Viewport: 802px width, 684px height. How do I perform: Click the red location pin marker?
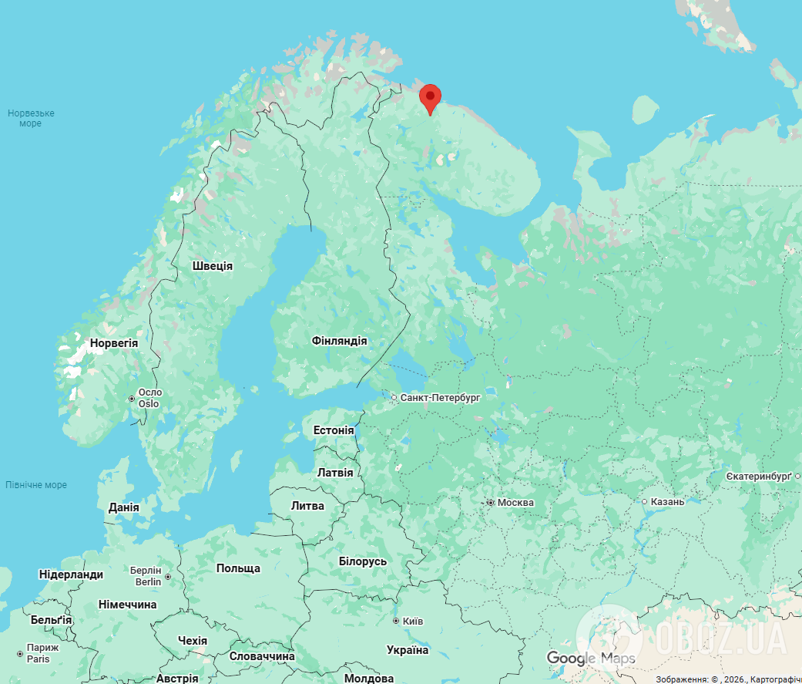pyautogui.click(x=430, y=98)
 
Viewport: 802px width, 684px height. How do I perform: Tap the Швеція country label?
pyautogui.click(x=212, y=266)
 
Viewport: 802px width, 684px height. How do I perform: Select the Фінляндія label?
pyautogui.click(x=339, y=341)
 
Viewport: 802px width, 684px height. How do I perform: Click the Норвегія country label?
pyautogui.click(x=114, y=343)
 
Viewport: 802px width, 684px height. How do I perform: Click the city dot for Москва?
pyautogui.click(x=490, y=503)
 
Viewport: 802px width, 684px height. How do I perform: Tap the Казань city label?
pyautogui.click(x=667, y=502)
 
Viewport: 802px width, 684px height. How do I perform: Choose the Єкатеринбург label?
pyautogui.click(x=759, y=477)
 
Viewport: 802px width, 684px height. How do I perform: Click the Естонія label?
pyautogui.click(x=334, y=430)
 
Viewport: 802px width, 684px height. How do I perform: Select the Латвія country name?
pyautogui.click(x=335, y=472)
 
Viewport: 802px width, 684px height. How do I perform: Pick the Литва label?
pyautogui.click(x=307, y=506)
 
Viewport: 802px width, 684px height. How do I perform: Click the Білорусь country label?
pyautogui.click(x=363, y=561)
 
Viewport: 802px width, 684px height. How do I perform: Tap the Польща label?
pyautogui.click(x=238, y=568)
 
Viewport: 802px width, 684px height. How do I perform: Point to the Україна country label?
pyautogui.click(x=408, y=650)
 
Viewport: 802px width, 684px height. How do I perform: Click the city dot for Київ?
pyautogui.click(x=396, y=621)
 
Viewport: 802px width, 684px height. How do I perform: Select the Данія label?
pyautogui.click(x=124, y=507)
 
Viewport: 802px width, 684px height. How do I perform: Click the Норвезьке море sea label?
pyautogui.click(x=31, y=118)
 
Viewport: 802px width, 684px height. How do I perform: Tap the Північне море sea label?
pyautogui.click(x=36, y=485)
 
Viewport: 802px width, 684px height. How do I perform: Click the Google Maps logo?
pyautogui.click(x=591, y=658)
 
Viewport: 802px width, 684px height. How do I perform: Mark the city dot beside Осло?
pyautogui.click(x=132, y=399)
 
